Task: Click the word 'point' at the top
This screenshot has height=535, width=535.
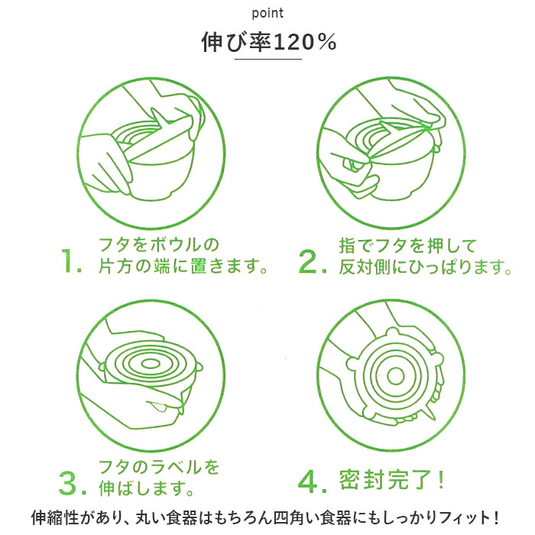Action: [267, 14]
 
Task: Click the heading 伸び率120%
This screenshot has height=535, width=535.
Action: [267, 43]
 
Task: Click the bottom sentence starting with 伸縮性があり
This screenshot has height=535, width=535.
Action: [267, 517]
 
